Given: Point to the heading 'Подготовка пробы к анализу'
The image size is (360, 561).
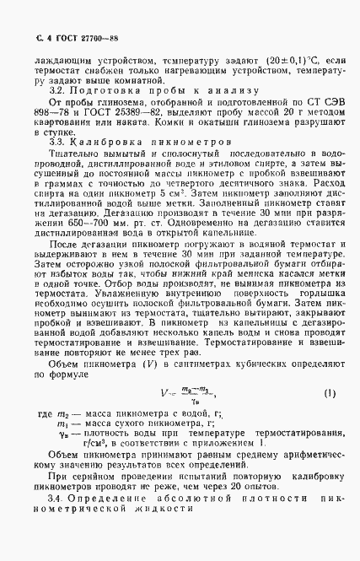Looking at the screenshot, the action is [159, 89].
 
